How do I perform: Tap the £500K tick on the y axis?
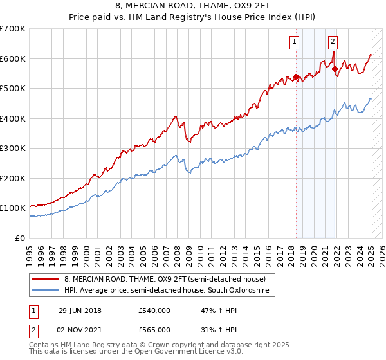click(x=12, y=89)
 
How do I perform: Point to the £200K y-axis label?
click(x=12, y=178)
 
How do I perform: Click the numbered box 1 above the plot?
click(x=294, y=42)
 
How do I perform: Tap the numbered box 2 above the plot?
click(x=333, y=42)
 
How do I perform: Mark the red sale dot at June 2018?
click(x=296, y=77)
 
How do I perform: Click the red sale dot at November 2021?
click(x=335, y=69)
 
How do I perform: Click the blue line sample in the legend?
click(x=46, y=291)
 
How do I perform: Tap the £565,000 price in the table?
click(x=154, y=329)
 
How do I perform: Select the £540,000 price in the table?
click(x=154, y=310)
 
